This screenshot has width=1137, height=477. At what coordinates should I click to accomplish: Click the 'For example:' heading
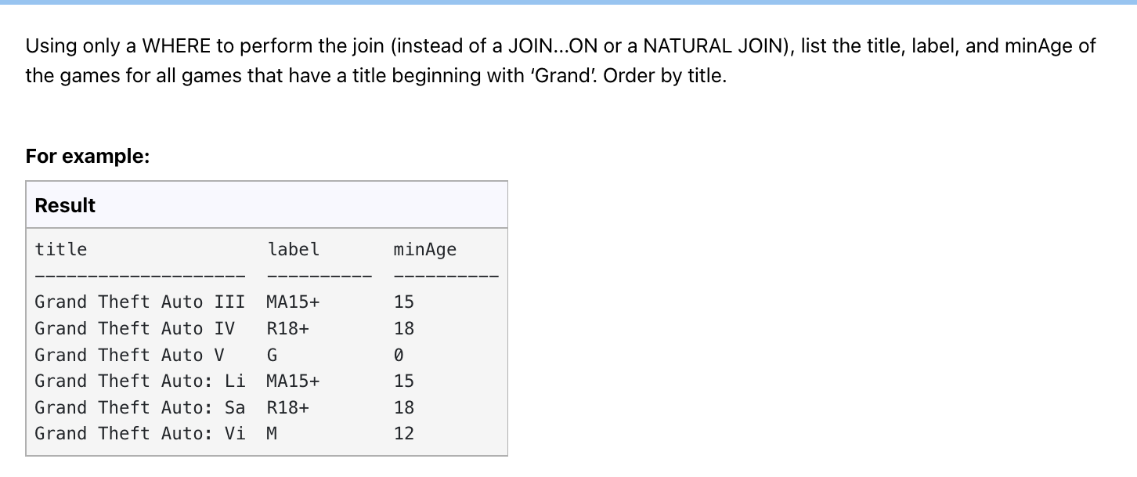tap(88, 157)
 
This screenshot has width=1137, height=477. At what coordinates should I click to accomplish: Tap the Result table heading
tap(65, 205)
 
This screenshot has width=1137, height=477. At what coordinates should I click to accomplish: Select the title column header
tap(61, 250)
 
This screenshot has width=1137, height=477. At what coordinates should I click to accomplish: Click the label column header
tap(294, 250)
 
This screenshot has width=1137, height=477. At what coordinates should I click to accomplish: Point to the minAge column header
tap(424, 250)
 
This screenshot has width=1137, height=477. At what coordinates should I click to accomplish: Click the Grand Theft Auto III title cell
tap(139, 302)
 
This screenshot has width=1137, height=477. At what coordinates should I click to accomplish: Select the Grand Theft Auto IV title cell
tap(134, 328)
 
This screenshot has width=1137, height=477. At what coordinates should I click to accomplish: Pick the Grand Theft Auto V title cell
tap(129, 355)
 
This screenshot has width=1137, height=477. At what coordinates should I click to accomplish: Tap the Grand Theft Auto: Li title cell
tap(139, 381)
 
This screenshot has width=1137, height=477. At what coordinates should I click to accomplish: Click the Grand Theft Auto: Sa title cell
tap(139, 407)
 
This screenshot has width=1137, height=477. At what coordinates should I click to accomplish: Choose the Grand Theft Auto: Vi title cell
tap(139, 433)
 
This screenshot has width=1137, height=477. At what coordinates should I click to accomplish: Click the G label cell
tap(273, 355)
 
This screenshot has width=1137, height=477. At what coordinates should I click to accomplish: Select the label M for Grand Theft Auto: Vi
tap(273, 433)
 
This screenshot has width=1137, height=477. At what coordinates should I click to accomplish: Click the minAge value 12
tap(404, 433)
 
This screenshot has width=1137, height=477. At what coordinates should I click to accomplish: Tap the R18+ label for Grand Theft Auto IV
tap(288, 328)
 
